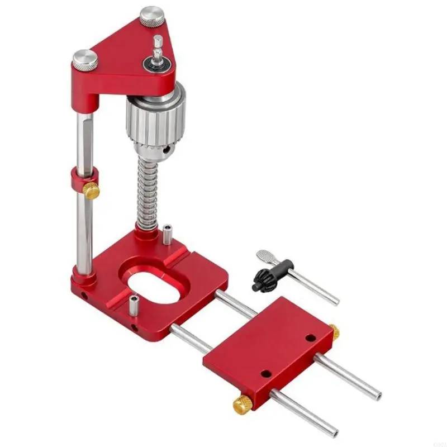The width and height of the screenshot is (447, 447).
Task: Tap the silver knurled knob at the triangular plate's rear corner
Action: [x=151, y=15]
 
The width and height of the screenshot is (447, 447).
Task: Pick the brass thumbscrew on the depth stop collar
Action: [x=91, y=191]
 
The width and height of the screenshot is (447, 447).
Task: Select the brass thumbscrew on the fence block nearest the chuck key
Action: [x=333, y=332]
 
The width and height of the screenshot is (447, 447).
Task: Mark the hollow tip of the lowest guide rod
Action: [x=334, y=432]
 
